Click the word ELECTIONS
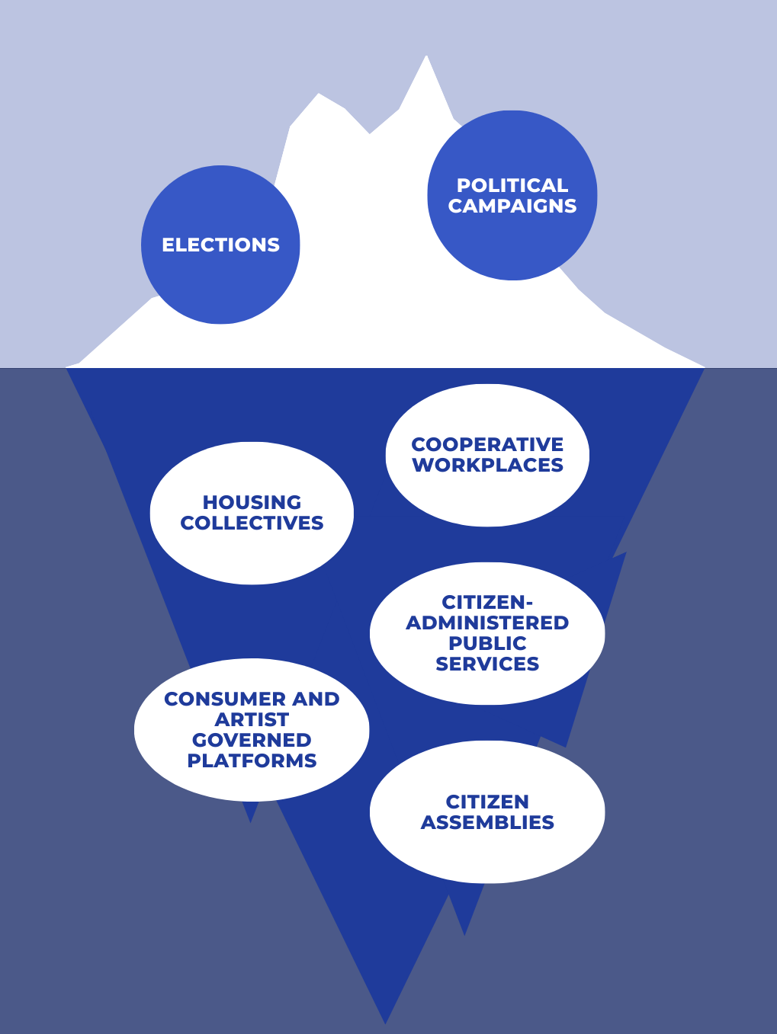coord(220,245)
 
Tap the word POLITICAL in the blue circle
coord(512,185)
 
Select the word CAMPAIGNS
coord(512,206)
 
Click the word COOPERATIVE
coord(487,444)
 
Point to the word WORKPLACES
coord(487,465)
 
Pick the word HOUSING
coord(252,502)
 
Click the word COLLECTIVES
coord(252,523)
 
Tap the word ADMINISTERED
coord(487,623)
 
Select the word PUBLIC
coord(487,643)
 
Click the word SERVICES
coord(487,664)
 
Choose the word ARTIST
coord(252,719)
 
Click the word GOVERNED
coord(252,740)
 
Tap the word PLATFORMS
coord(252,760)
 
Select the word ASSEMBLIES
coord(487,822)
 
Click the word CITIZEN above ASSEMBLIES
coord(487,802)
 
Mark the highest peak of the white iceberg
coord(426,57)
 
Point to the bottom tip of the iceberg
coord(386,1021)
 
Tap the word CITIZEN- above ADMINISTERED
coord(487,602)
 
